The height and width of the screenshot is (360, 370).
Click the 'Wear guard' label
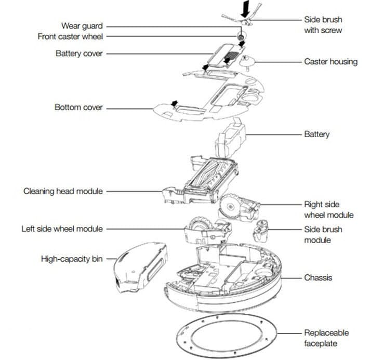tap(82, 25)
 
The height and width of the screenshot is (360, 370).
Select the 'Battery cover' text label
tap(79, 54)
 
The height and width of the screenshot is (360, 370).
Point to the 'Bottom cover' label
tap(78, 108)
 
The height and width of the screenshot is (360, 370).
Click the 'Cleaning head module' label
tap(63, 191)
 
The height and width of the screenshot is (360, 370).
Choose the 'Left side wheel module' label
tap(62, 229)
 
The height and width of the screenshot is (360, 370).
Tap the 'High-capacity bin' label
tap(72, 258)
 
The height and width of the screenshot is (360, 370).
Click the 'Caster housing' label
tap(331, 61)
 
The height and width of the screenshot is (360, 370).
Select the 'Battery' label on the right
tap(316, 134)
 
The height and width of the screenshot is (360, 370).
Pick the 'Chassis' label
tap(318, 277)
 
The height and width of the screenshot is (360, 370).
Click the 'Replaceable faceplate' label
tap(326, 338)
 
